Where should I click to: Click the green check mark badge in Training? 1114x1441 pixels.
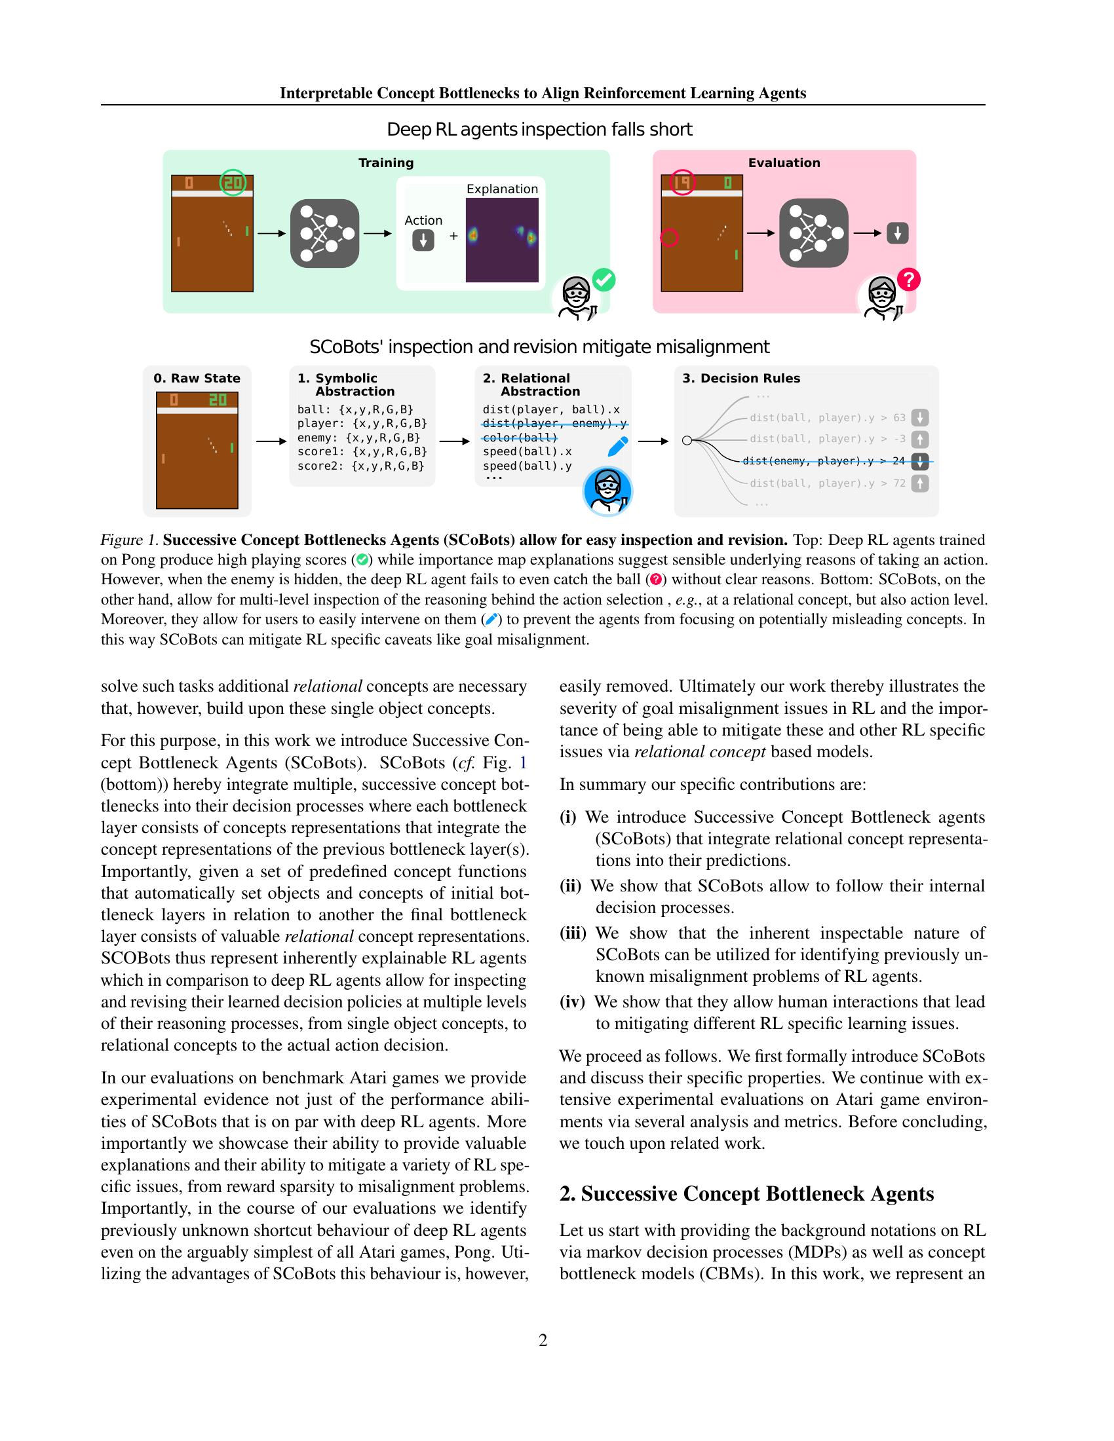[x=603, y=280]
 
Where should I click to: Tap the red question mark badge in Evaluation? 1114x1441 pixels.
[x=909, y=280]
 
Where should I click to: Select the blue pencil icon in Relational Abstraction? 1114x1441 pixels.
[x=617, y=447]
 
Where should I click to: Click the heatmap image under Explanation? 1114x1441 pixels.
[x=501, y=240]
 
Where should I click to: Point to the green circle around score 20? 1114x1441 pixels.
[x=233, y=182]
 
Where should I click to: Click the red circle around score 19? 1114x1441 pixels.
[x=682, y=182]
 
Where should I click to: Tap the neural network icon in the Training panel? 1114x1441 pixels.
[x=324, y=233]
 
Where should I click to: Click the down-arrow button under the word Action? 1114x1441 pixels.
[x=423, y=240]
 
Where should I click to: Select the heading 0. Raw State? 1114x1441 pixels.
[x=197, y=378]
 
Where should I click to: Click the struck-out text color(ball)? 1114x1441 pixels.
[x=520, y=438]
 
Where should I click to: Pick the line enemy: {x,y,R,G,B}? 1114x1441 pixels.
[x=358, y=438]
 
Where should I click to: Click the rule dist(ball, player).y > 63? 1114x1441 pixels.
[x=828, y=418]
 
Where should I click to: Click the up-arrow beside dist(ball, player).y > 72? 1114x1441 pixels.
[x=919, y=483]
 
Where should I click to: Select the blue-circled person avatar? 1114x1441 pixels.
[x=607, y=491]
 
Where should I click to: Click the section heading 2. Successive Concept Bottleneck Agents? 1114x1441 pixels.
[x=746, y=1193]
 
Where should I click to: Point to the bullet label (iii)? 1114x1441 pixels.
[x=572, y=933]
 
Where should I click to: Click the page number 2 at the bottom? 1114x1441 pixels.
[x=543, y=1340]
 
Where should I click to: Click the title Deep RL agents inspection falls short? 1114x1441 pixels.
[x=539, y=129]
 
